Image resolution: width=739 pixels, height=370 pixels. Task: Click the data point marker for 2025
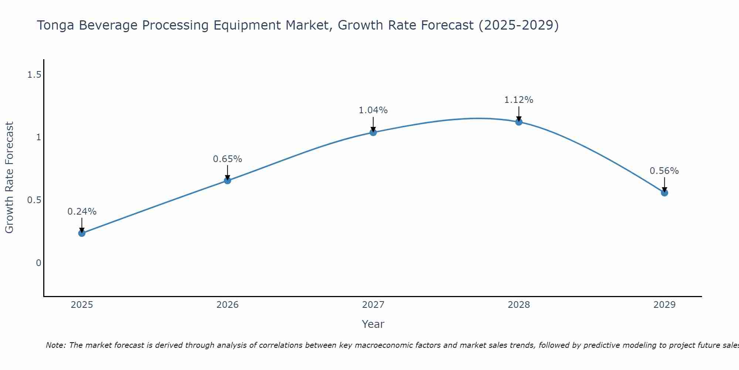82,233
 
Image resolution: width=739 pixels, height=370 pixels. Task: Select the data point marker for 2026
228,181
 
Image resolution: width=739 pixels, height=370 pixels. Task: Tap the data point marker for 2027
373,132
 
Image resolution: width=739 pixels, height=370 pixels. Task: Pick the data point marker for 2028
519,122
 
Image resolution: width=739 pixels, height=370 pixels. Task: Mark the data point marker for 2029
664,193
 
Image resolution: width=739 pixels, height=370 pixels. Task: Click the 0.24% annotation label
82,212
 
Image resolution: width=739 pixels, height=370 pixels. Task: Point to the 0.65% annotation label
228,159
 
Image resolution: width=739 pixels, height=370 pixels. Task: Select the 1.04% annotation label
373,110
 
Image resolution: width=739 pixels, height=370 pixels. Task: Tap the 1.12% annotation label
519,100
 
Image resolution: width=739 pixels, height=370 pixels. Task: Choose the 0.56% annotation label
664,171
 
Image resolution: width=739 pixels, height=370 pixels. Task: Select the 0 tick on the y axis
38,263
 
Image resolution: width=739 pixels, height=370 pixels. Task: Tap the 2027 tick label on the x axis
373,305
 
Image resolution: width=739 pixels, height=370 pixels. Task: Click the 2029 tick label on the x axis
664,305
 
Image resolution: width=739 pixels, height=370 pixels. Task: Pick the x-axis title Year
373,324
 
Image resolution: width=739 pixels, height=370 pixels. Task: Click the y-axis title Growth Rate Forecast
10,178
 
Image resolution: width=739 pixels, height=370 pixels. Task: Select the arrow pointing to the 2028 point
519,114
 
